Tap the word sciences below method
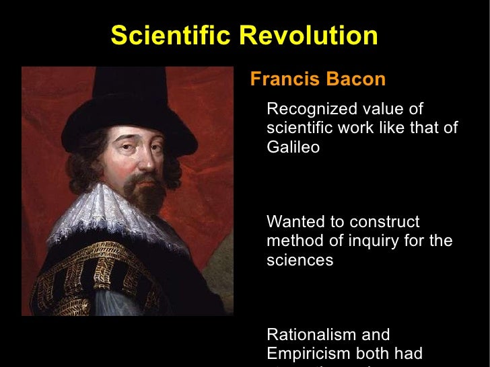[300, 260]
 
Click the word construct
[386, 222]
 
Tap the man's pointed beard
[145, 195]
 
